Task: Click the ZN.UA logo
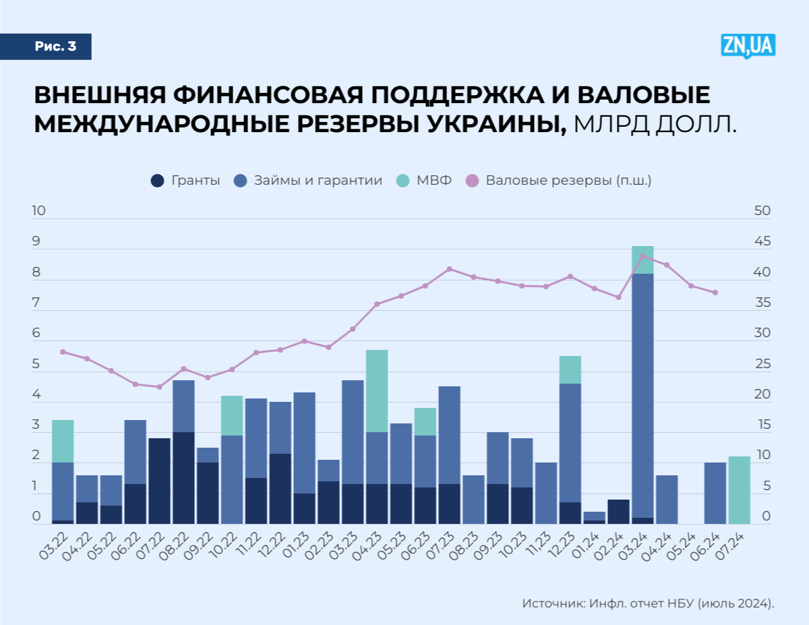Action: (748, 47)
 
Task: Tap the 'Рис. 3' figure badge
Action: (55, 47)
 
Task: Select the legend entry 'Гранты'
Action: (186, 181)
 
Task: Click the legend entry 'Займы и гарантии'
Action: (309, 181)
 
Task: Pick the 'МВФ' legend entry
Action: (424, 181)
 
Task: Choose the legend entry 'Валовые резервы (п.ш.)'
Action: (559, 181)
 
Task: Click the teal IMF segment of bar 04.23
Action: (377, 391)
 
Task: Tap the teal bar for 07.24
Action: (739, 490)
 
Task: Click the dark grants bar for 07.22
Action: (159, 481)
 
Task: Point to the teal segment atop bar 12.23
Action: (570, 369)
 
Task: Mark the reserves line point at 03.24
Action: (642, 256)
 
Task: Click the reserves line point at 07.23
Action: (450, 269)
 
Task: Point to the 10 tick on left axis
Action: (38, 211)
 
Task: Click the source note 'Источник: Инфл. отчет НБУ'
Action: (647, 603)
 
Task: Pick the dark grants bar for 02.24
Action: (618, 512)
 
